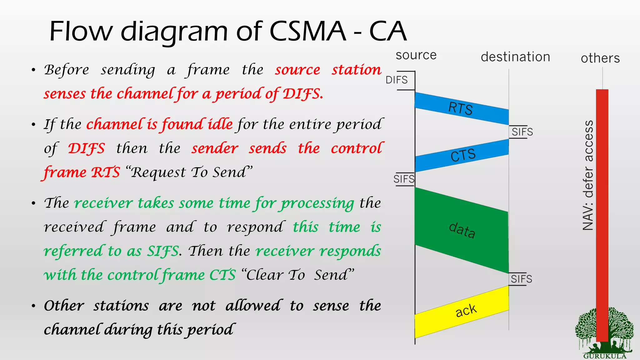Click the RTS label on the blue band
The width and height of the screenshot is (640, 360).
(x=460, y=109)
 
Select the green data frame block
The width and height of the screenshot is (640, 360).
(x=462, y=230)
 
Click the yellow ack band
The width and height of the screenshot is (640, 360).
(x=466, y=311)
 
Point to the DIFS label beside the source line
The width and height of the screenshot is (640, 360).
(x=396, y=80)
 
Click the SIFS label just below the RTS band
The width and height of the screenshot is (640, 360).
(x=522, y=132)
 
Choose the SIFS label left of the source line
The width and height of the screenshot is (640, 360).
(x=404, y=179)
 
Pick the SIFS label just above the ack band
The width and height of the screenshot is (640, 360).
(x=521, y=279)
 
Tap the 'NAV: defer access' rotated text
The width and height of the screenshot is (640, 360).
(x=588, y=175)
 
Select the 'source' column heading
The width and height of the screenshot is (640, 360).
(x=416, y=55)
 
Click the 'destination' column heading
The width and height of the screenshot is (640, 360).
(x=515, y=57)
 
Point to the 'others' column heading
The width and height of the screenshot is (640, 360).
(x=600, y=58)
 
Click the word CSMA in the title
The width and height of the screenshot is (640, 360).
(x=307, y=31)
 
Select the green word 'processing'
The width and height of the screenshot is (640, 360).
(x=317, y=203)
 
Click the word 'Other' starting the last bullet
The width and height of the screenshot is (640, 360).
(x=64, y=306)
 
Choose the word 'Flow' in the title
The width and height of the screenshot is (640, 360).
(x=80, y=31)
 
